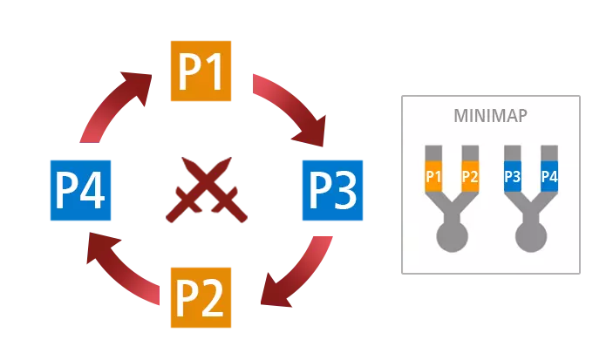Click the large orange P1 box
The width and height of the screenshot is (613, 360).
[202, 71]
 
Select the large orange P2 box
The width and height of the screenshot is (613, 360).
[202, 299]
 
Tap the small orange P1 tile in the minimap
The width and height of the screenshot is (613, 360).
[433, 177]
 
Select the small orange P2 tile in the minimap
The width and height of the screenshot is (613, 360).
[470, 177]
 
